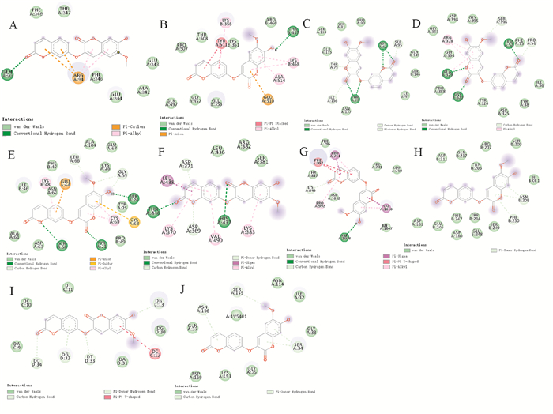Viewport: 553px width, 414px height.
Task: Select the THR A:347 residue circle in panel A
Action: [x=64, y=11]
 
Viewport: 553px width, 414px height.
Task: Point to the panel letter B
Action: [x=164, y=25]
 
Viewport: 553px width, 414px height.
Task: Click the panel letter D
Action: [x=416, y=24]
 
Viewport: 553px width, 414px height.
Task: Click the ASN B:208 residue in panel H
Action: [x=523, y=199]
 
